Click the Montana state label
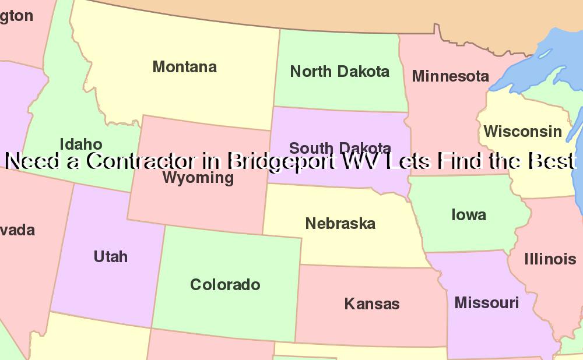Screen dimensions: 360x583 click(184, 67)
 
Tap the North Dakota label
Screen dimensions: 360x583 click(339, 72)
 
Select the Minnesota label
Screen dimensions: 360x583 click(450, 76)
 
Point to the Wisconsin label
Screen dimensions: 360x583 click(522, 132)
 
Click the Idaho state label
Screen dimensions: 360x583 click(81, 144)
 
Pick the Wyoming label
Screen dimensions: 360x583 click(198, 178)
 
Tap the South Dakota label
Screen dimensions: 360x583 click(340, 147)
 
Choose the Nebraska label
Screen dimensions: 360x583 click(340, 223)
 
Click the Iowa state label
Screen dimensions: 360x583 click(469, 214)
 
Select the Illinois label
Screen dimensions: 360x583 click(550, 259)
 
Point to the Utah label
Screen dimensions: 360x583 click(110, 256)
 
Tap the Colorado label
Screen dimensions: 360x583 click(225, 284)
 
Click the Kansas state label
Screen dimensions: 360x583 click(372, 303)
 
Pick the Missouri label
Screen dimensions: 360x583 click(486, 303)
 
